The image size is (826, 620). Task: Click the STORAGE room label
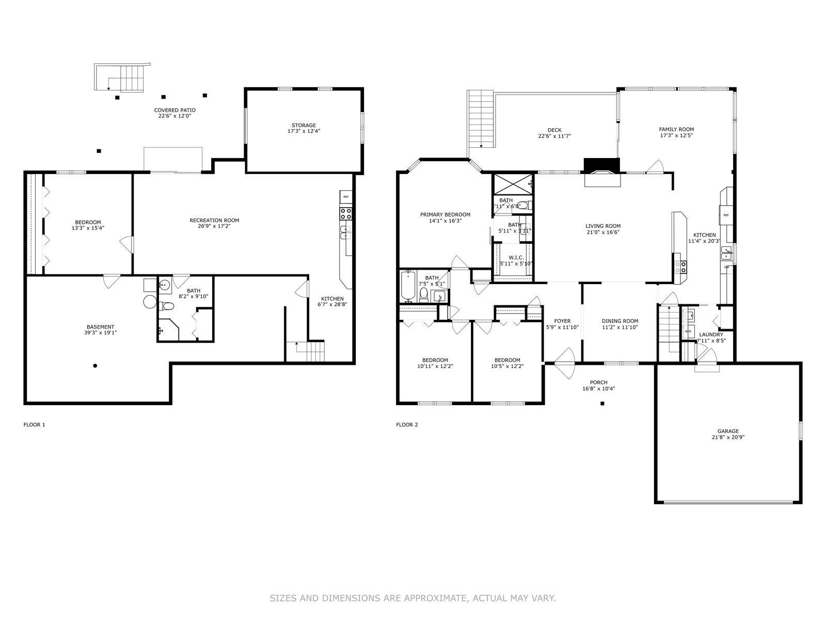pos(304,126)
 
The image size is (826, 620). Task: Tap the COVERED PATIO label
pos(174,111)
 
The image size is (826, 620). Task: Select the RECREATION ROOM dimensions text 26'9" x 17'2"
pos(214,226)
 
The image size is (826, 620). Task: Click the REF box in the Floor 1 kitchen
pos(346,197)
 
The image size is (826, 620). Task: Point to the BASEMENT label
pos(100,327)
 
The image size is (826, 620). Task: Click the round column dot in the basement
pos(95,366)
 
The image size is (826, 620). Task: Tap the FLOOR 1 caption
pos(35,425)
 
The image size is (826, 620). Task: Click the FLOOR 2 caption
pos(407,425)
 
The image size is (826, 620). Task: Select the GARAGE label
pos(728,431)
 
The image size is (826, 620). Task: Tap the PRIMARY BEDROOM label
pos(445,215)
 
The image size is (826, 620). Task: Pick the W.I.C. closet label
pos(516,257)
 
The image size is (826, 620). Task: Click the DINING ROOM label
pos(619,321)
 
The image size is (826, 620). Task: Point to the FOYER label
pos(562,321)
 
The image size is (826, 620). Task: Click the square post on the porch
pos(602,404)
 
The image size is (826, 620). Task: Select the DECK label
pos(554,130)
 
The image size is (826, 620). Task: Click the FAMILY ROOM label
pos(676,130)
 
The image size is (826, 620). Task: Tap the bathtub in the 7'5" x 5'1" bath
pos(408,286)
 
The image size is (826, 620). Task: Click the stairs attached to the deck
pos(481,118)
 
